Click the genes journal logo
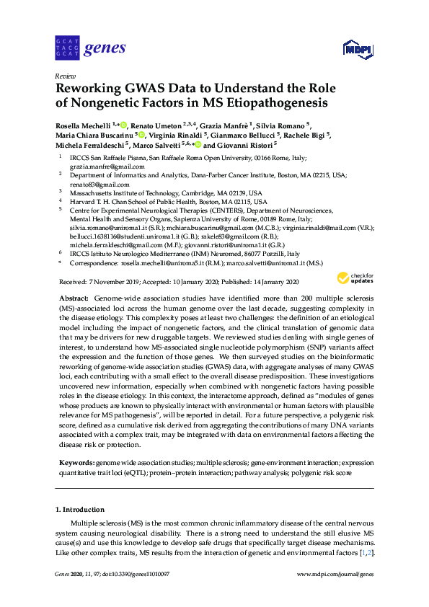point(90,49)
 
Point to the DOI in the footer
point(138,574)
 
